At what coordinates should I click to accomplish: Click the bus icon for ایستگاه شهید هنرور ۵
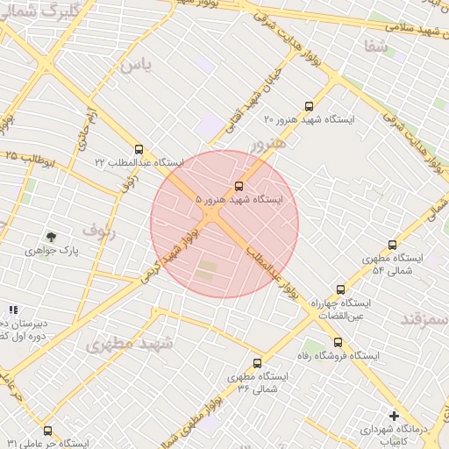pos(239,186)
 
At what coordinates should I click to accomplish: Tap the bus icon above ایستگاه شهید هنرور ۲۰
pos(308,105)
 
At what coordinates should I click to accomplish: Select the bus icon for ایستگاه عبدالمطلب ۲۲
pos(139,149)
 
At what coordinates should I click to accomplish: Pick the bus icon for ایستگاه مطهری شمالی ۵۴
pos(391,245)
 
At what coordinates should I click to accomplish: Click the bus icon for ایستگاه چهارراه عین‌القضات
pos(340,289)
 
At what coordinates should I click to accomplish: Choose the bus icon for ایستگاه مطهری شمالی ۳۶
pos(257,362)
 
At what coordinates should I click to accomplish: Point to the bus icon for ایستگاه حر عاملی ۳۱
pos(47,431)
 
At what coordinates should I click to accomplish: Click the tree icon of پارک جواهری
pos(51,236)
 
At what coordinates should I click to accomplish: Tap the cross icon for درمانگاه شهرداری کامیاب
pos(394,415)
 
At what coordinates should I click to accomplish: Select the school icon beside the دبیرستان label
pos(12,310)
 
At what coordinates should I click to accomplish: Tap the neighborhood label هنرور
pos(268,142)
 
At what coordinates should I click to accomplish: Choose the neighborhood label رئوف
pos(98,230)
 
